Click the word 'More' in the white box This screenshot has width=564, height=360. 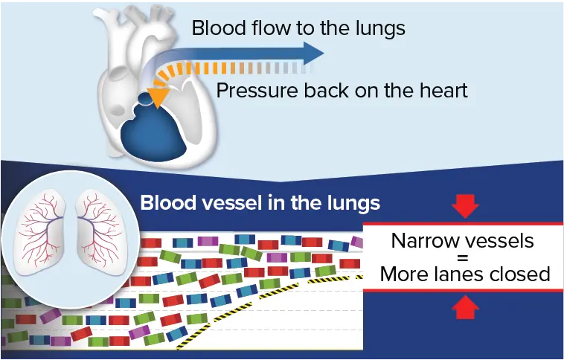pos(405,274)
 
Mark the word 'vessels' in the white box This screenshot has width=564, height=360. pos(501,241)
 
